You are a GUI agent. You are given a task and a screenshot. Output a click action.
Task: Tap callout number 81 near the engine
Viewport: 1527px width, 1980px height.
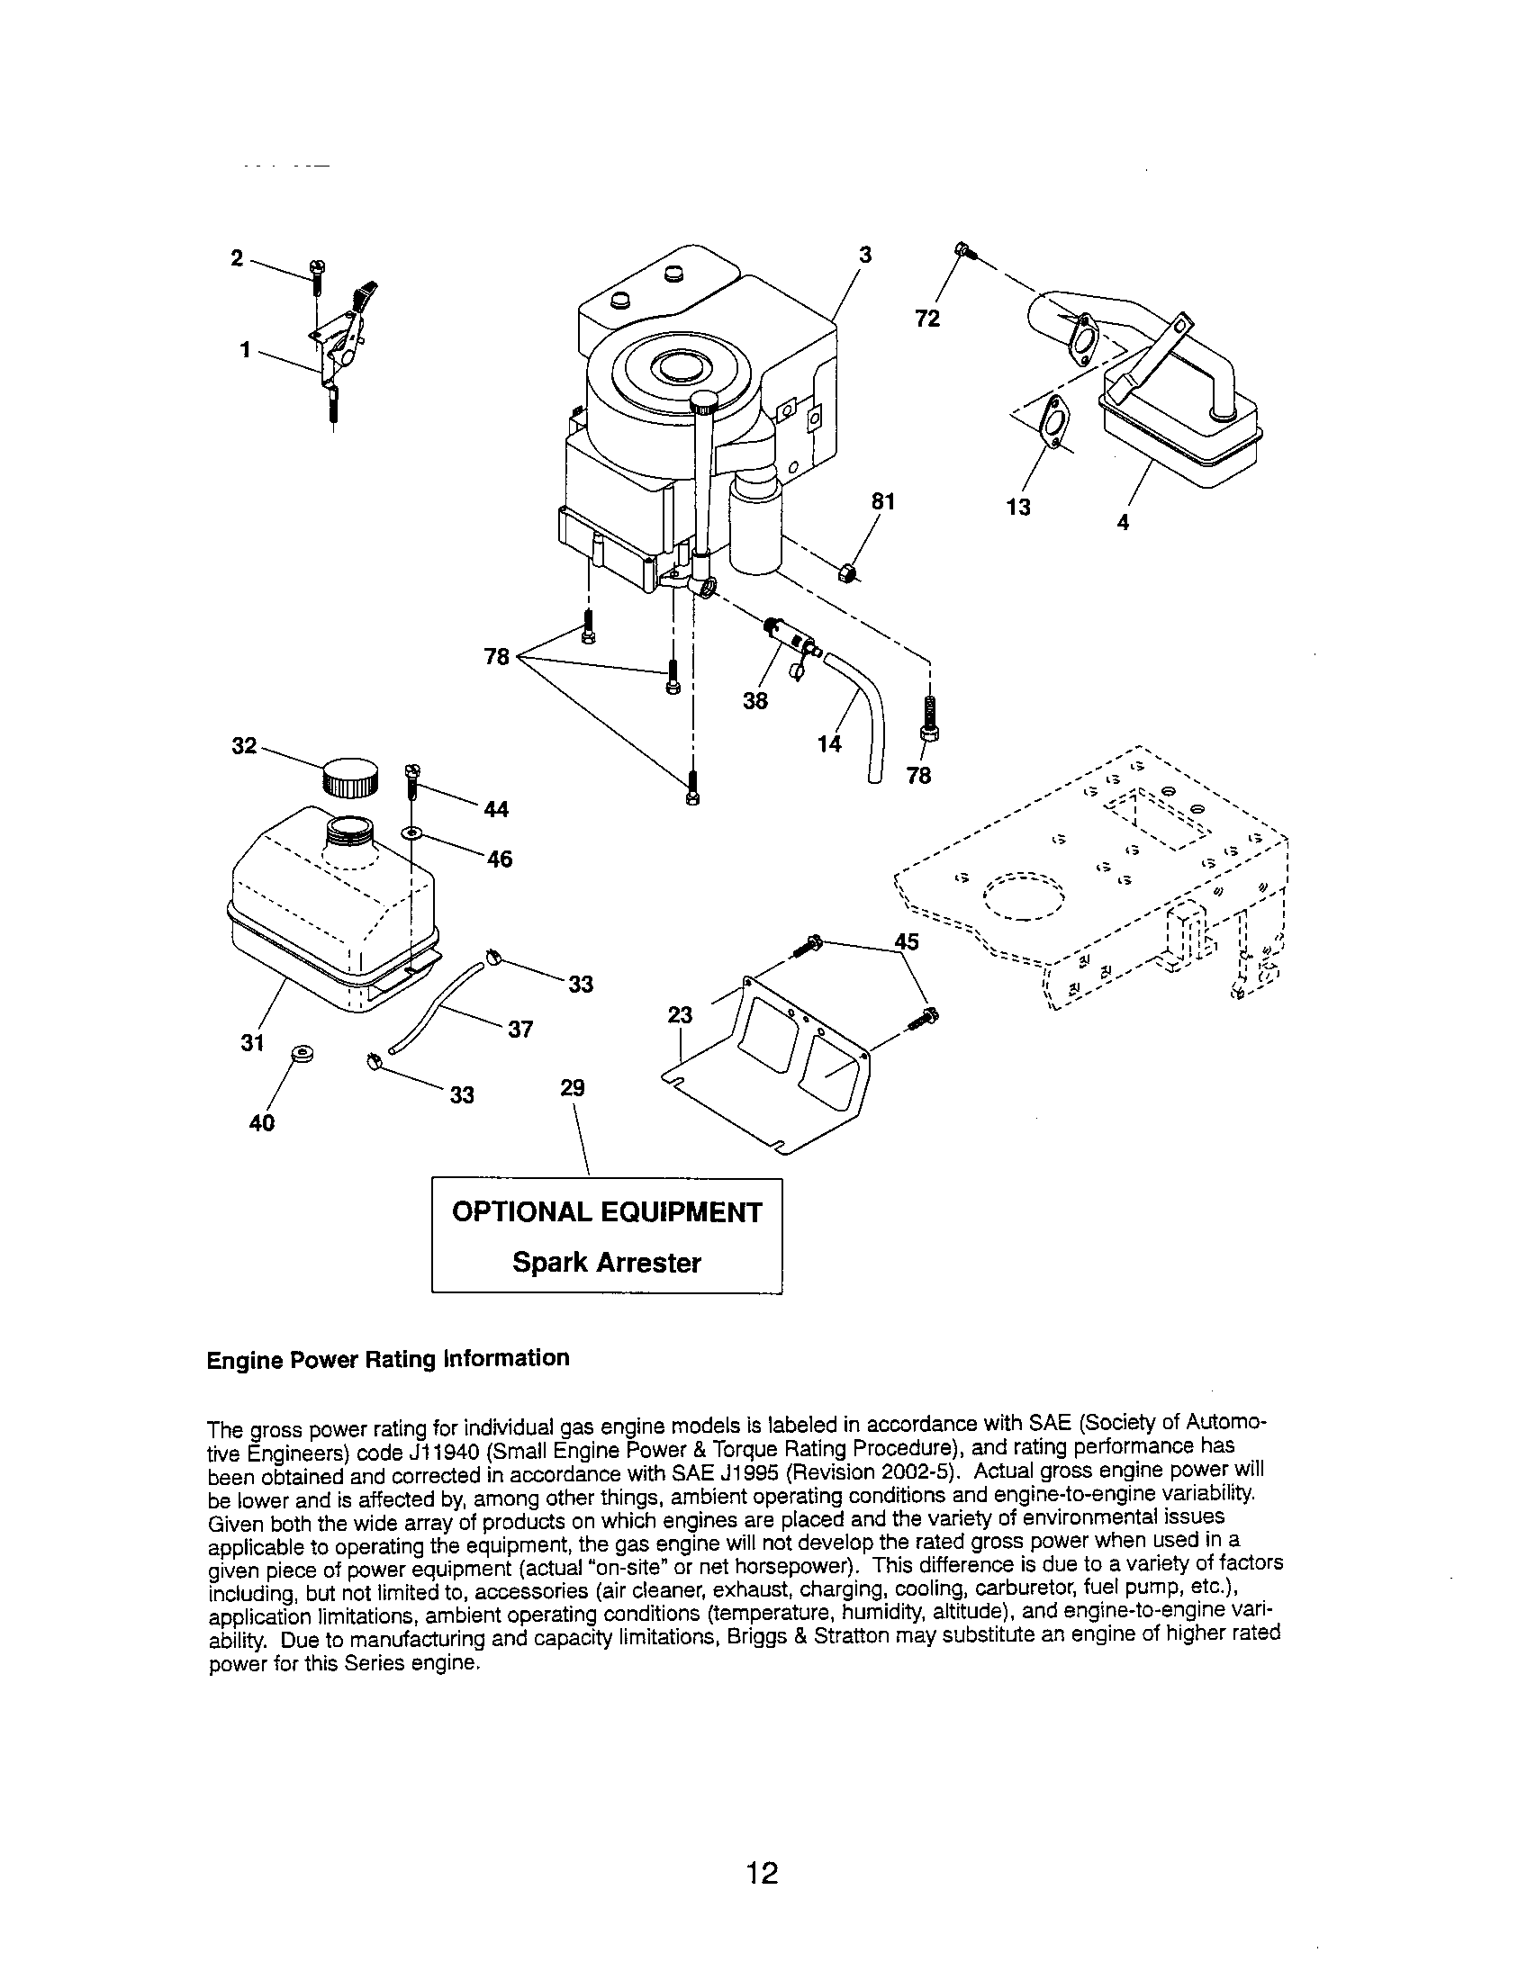883,501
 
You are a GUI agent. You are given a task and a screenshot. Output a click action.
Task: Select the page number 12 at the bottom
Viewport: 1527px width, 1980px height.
762,1873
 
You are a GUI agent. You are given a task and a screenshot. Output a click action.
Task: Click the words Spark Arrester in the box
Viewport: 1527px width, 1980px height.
607,1262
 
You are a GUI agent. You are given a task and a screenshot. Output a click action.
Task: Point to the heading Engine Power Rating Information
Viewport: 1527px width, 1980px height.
388,1358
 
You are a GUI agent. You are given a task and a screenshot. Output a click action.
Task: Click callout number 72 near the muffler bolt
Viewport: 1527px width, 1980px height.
927,319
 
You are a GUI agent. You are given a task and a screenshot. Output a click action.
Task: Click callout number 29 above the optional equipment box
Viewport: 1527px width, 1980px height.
572,1087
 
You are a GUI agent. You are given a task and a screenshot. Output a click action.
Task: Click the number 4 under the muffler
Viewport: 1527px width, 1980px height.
1123,522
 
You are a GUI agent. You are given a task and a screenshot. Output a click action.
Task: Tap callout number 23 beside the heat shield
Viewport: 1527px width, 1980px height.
680,1015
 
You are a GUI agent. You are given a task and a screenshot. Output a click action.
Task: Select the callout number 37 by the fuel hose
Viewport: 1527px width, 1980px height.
520,1029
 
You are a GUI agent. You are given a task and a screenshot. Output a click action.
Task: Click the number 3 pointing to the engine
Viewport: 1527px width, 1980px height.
865,256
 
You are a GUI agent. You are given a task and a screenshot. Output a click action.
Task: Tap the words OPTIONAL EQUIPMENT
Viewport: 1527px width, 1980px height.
607,1212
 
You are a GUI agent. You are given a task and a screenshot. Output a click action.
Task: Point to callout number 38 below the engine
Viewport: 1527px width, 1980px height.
754,701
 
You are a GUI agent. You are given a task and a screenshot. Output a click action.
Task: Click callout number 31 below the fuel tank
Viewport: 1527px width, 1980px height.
252,1042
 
